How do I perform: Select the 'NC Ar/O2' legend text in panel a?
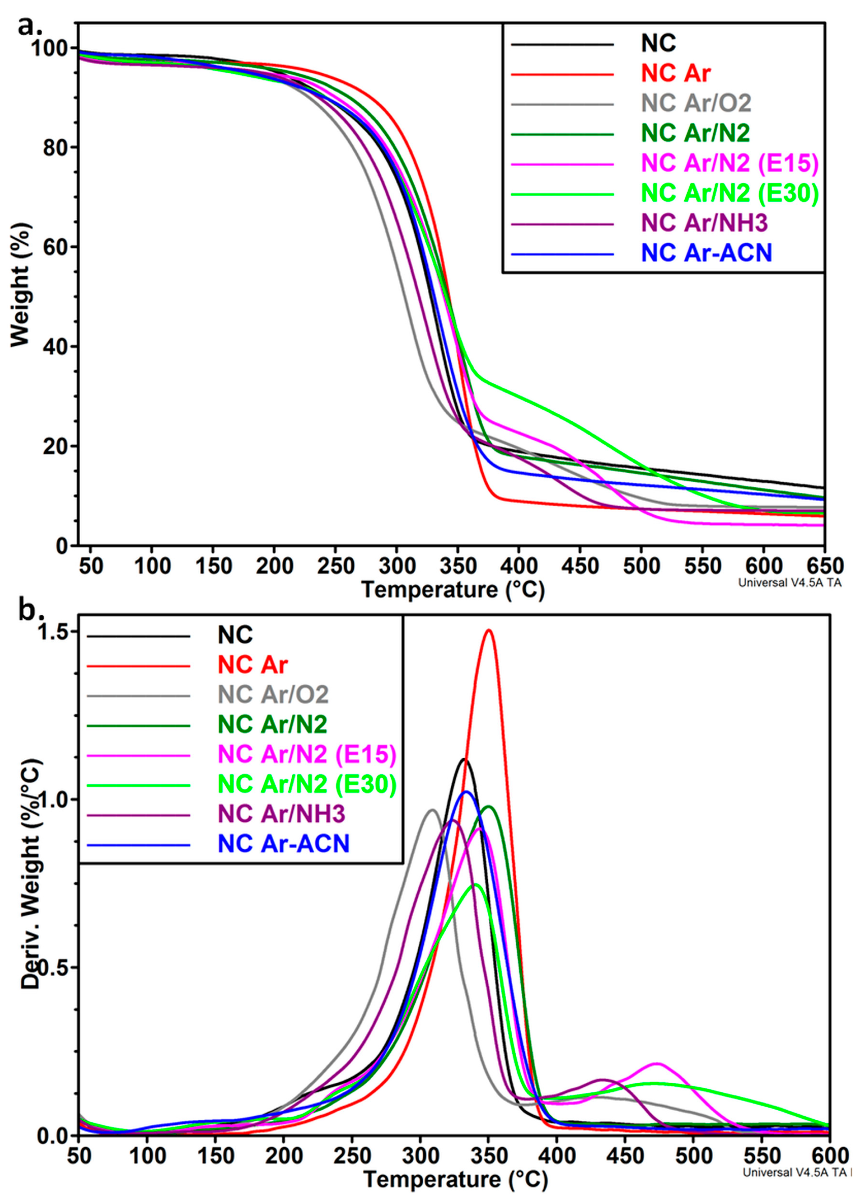click(696, 103)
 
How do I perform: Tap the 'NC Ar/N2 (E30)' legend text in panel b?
click(307, 785)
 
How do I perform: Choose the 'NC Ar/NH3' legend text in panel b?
click(281, 814)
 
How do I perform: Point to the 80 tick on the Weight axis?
click(58, 147)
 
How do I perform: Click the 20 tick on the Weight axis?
click(58, 446)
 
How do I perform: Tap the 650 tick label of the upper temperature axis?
click(823, 566)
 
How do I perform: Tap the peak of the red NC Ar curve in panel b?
click(488, 630)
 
